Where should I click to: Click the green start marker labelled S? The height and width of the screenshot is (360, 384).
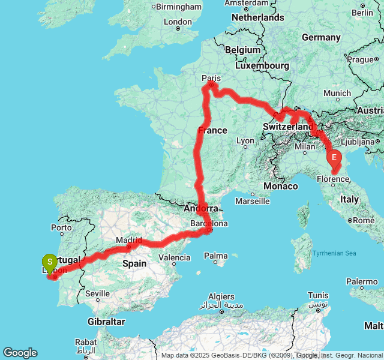pos(49,262)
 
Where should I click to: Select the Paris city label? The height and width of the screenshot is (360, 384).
pos(211,78)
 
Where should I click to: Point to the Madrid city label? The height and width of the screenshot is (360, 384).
pos(129,240)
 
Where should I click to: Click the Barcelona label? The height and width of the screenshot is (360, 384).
pos(209,224)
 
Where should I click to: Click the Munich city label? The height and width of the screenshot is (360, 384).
pos(337,93)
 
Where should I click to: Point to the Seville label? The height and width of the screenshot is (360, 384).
pos(97,293)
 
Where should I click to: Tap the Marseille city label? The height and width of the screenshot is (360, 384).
pos(251,200)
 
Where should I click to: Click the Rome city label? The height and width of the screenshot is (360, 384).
pos(365,220)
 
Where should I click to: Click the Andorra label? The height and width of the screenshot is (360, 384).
pos(200,209)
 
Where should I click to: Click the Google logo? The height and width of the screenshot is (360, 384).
pos(20,353)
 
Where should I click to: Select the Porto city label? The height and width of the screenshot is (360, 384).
pos(61,227)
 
